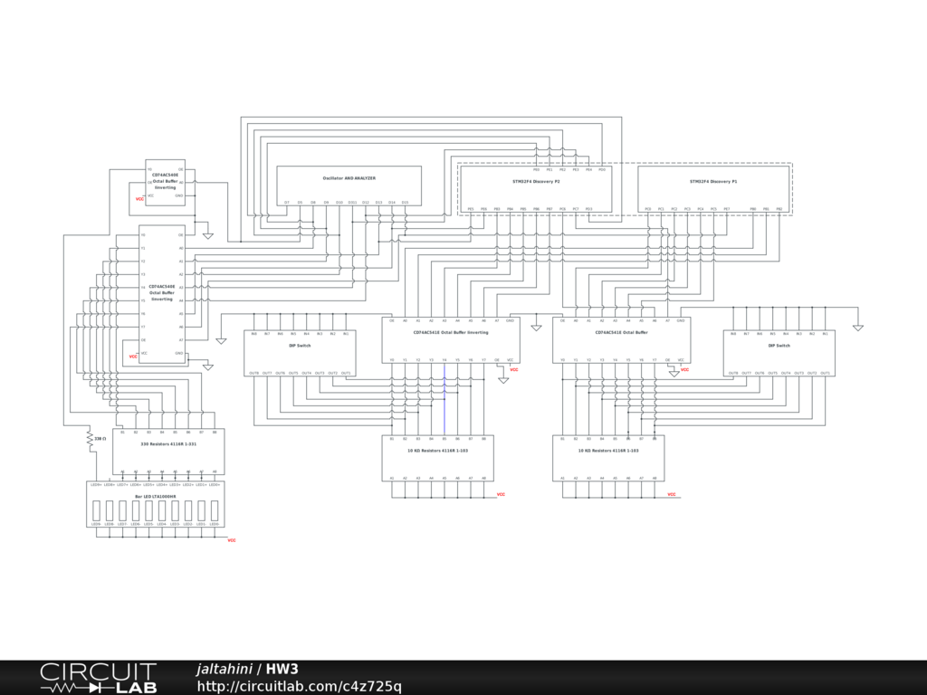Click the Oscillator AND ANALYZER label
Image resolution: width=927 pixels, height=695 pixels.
349,178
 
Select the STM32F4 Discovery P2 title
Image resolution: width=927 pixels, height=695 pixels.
536,182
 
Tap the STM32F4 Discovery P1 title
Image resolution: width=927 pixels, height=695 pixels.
713,182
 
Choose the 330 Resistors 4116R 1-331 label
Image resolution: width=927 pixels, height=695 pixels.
168,444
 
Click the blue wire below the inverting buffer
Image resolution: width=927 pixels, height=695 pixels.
444,398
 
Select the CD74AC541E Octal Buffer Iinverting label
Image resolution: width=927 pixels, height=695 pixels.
450,332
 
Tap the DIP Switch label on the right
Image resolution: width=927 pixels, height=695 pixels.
779,346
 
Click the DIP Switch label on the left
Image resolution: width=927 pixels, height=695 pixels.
300,346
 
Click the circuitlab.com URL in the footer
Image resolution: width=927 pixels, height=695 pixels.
300,687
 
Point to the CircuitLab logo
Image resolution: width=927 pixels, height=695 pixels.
98,678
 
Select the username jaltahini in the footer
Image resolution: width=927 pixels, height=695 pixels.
224,670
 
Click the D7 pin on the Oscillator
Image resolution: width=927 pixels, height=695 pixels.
287,203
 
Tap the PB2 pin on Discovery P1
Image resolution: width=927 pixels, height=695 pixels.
779,209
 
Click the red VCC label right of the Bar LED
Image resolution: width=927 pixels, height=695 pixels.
231,540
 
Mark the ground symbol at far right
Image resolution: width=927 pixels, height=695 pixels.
857,328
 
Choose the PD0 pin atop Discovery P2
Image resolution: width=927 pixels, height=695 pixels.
602,169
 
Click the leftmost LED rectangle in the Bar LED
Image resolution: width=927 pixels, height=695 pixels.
96,511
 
